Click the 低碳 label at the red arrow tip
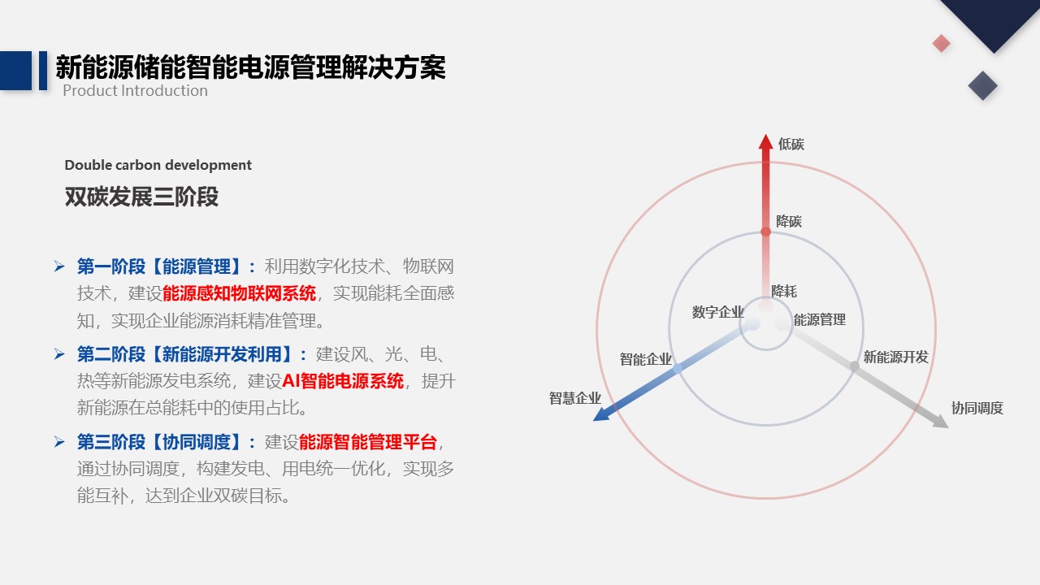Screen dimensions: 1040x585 [791, 144]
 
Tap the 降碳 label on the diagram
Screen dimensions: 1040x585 [789, 221]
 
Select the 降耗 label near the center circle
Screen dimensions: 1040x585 [784, 291]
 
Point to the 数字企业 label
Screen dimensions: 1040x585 [717, 312]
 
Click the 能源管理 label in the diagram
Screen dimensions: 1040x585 [820, 319]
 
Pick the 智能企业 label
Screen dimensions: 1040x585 [645, 359]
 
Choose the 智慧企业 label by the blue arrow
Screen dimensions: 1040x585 [574, 398]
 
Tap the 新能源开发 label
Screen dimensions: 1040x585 [895, 357]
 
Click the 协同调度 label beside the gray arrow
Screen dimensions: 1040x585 [977, 408]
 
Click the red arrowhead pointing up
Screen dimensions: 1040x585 [765, 142]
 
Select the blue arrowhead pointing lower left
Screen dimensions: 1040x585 [602, 414]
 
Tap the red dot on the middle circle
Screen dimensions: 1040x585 [765, 232]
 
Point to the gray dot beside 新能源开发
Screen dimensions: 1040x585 [854, 366]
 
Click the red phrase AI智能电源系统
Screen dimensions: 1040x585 [343, 381]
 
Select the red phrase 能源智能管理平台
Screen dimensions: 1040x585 [368, 442]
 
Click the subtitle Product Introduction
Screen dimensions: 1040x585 [135, 91]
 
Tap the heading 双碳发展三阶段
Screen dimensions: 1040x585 [141, 197]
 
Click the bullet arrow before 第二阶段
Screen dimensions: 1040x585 [59, 354]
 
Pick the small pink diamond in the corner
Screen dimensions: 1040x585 [941, 44]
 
